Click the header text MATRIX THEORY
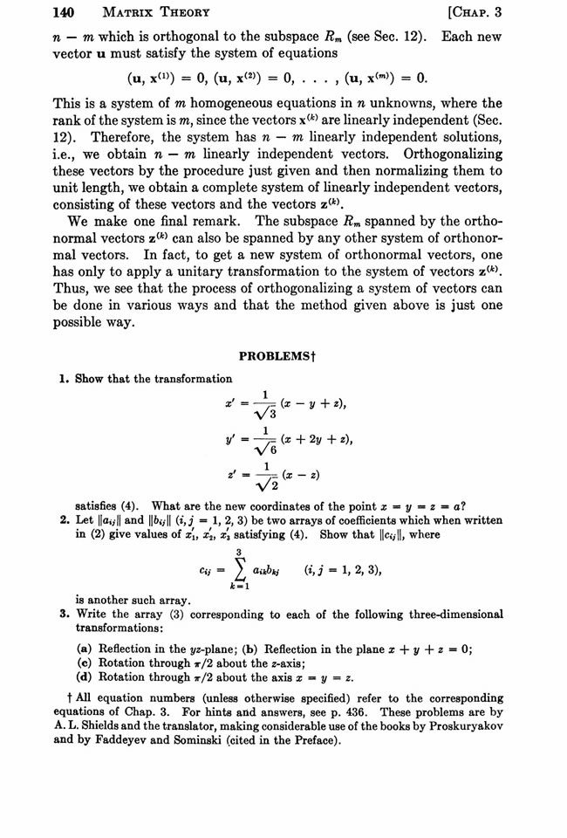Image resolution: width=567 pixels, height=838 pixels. tap(140, 13)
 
